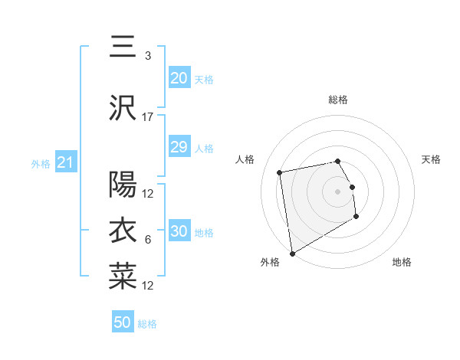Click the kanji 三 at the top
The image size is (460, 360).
coord(123,47)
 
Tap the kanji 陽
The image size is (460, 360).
coord(123,185)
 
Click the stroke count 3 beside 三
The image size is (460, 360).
coord(148,56)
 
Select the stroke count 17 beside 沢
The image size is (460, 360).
coord(148,117)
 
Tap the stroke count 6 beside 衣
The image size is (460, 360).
coord(148,240)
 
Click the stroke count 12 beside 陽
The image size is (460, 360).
coord(148,194)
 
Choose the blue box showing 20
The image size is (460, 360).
coord(179,78)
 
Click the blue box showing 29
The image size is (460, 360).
coord(179,147)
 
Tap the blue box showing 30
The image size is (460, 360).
coord(179,231)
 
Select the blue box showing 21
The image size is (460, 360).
coord(65,162)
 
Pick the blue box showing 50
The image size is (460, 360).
coord(123,322)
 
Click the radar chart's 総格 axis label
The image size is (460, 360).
coord(338,100)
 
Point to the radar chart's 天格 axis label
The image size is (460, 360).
coord(432,159)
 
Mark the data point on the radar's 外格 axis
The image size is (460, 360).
coord(291,253)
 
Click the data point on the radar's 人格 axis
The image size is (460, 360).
coord(280,172)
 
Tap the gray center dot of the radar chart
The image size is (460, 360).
coord(337,191)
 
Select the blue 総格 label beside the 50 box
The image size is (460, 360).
coord(148,324)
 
